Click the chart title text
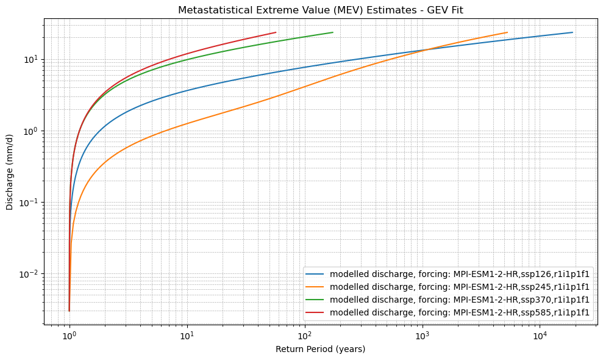(x=320, y=10)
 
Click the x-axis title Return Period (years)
(x=320, y=349)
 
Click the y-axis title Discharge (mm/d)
(x=10, y=171)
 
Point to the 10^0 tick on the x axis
(x=70, y=336)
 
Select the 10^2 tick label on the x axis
(x=304, y=336)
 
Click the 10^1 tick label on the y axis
(x=30, y=60)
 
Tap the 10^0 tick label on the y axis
(x=30, y=131)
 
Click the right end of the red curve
(x=276, y=32)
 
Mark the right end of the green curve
(x=332, y=32)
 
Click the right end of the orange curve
(x=507, y=32)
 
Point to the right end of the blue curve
(x=572, y=32)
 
